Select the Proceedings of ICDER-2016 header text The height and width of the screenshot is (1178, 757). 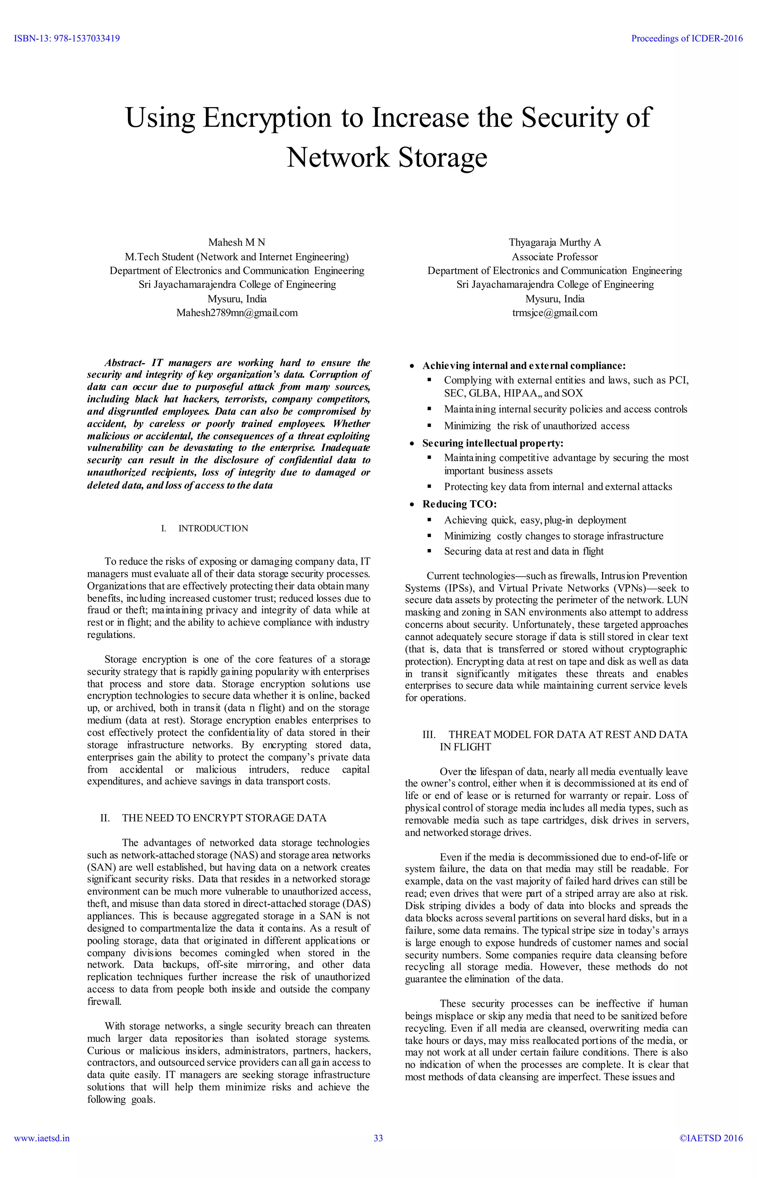687,38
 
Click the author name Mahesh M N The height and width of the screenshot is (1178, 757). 237,242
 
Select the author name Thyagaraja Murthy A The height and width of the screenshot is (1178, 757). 554,242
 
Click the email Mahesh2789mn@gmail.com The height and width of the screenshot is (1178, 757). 237,313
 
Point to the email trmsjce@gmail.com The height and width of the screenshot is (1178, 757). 554,313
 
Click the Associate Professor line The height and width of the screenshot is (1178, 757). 554,256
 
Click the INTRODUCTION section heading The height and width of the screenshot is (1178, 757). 213,529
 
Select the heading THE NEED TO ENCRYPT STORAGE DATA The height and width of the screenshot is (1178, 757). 224,817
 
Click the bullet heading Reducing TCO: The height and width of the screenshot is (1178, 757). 459,504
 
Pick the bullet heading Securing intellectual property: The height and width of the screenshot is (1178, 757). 493,443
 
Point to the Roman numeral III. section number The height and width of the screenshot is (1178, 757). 429,734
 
